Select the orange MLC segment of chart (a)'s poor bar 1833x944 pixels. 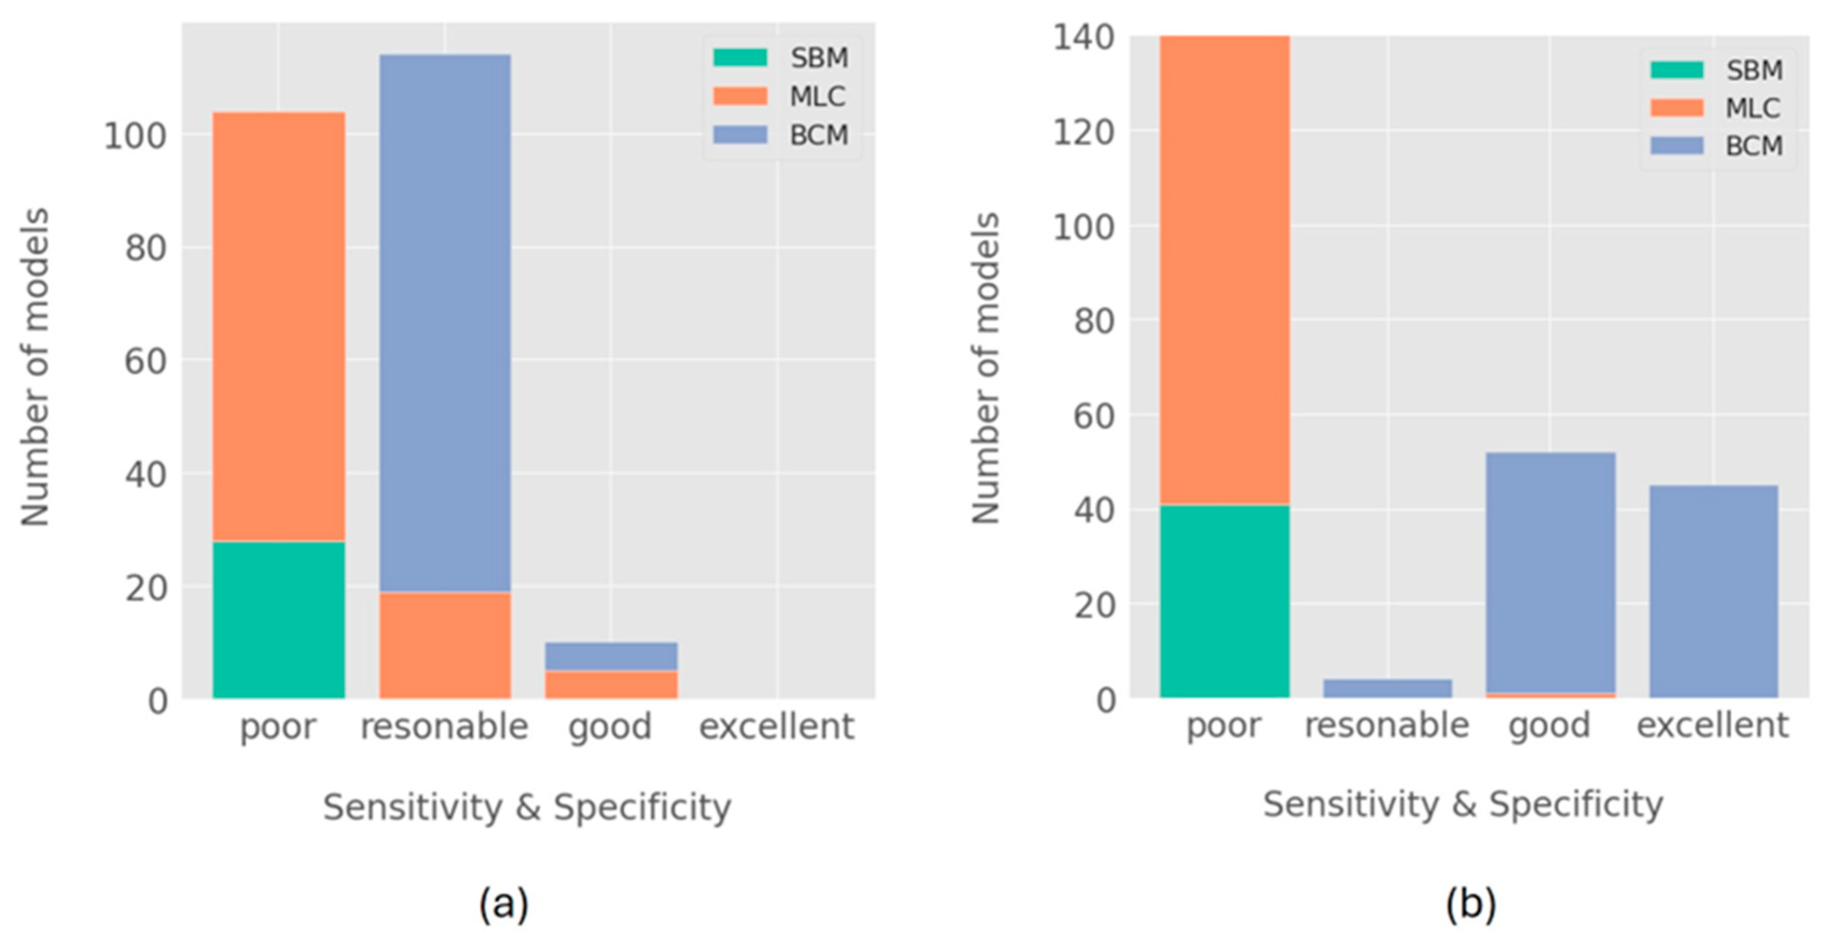tap(278, 327)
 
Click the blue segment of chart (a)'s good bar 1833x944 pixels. tap(610, 656)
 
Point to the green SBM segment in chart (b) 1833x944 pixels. tap(1224, 601)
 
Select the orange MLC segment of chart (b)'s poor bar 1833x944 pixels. tap(1224, 270)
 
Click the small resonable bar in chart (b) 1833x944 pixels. tap(1387, 688)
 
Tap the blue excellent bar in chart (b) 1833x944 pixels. tap(1712, 591)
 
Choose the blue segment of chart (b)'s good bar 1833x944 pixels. tap(1550, 572)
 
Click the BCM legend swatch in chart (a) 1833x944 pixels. tap(739, 135)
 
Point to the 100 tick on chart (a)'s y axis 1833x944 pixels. tap(135, 135)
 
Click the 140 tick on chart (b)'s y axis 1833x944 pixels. tap(1083, 37)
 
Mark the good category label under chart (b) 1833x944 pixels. tap(1549, 726)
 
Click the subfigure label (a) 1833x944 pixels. tap(503, 904)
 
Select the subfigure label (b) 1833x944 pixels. tap(1470, 904)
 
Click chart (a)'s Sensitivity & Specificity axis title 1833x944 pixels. tap(527, 807)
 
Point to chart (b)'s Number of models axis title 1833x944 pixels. tap(986, 368)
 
